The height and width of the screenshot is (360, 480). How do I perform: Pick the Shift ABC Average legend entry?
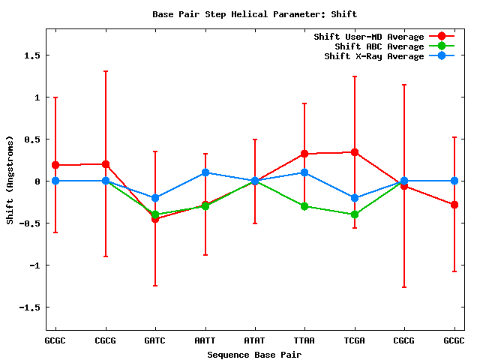[x=379, y=46]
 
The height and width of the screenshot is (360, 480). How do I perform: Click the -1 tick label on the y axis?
[x=33, y=265]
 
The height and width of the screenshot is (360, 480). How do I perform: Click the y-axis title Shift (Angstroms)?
[x=10, y=180]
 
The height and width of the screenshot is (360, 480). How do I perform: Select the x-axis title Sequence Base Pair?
[x=254, y=353]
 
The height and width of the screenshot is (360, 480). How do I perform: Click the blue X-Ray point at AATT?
[x=205, y=172]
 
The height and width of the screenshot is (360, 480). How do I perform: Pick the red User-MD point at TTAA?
[x=304, y=154]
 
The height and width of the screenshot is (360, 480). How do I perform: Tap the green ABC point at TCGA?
[x=355, y=214]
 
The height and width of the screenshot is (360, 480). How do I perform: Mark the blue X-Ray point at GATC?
[x=155, y=198]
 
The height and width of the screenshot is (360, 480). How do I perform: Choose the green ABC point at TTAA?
[x=304, y=206]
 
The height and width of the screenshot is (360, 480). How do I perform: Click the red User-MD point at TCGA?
[x=355, y=152]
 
